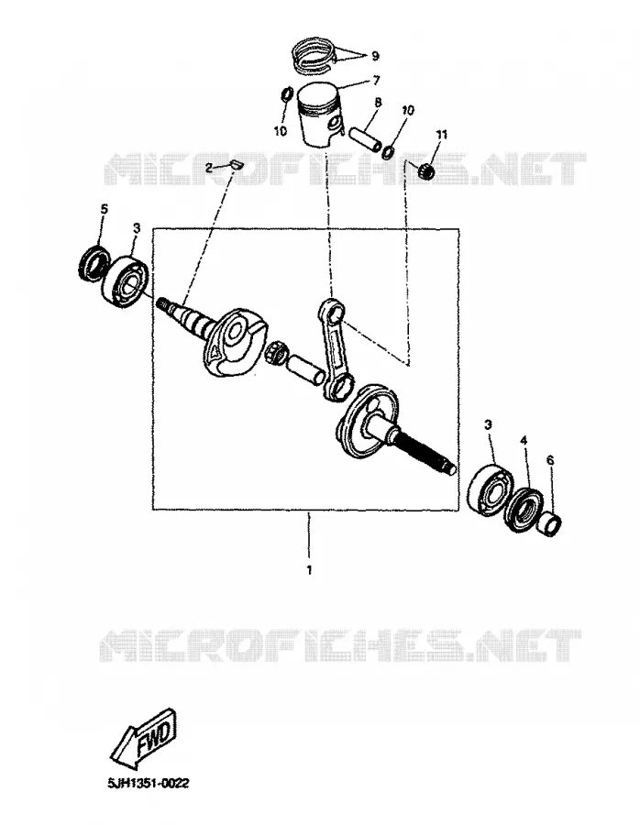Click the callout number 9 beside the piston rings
click(375, 56)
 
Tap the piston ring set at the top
click(313, 54)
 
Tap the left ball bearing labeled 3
click(125, 279)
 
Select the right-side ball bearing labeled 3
click(490, 487)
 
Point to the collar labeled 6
click(549, 524)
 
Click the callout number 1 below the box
click(310, 570)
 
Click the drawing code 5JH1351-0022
click(148, 784)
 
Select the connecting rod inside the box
click(333, 347)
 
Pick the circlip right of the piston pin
click(389, 151)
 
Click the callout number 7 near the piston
click(376, 81)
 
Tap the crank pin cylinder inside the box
click(305, 368)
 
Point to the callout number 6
click(550, 460)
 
